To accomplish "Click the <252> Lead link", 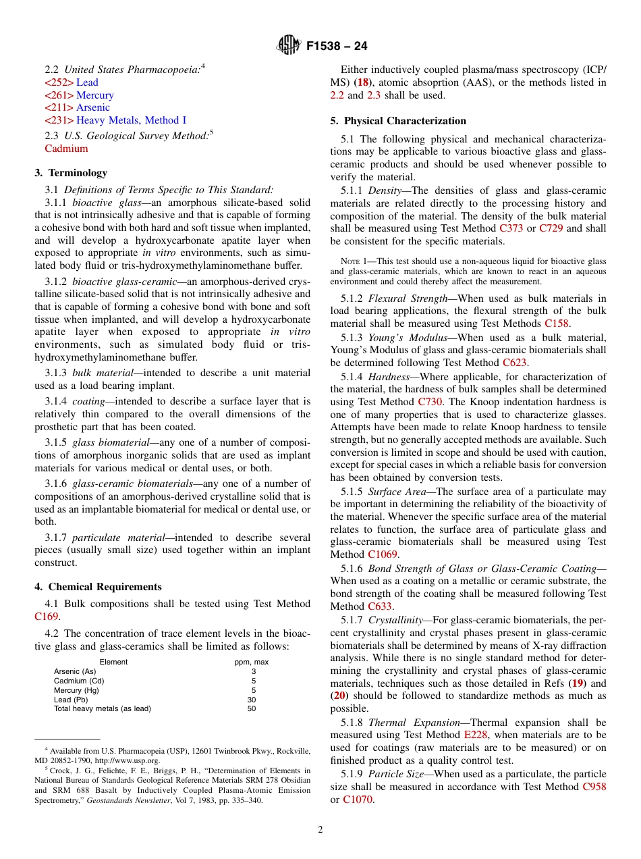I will tap(71, 82).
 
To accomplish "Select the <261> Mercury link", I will tap(79, 95).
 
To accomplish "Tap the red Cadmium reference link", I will tap(66, 149).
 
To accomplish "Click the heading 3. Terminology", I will tap(71, 173).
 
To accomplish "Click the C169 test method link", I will tap(47, 617).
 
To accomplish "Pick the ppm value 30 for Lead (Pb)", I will tap(252, 700).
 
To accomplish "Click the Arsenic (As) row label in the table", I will tap(75, 671).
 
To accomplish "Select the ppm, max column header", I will tap(252, 662).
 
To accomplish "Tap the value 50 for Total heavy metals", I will tap(252, 709).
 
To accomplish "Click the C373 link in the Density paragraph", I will tap(511, 228).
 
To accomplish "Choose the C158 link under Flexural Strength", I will tap(557, 323).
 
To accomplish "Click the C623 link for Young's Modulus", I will tap(515, 362).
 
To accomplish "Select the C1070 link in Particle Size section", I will tap(358, 800).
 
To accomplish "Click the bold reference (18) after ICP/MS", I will tap(363, 82).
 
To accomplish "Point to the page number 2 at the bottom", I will tap(320, 830).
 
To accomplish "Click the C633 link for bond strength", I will tap(381, 606).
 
